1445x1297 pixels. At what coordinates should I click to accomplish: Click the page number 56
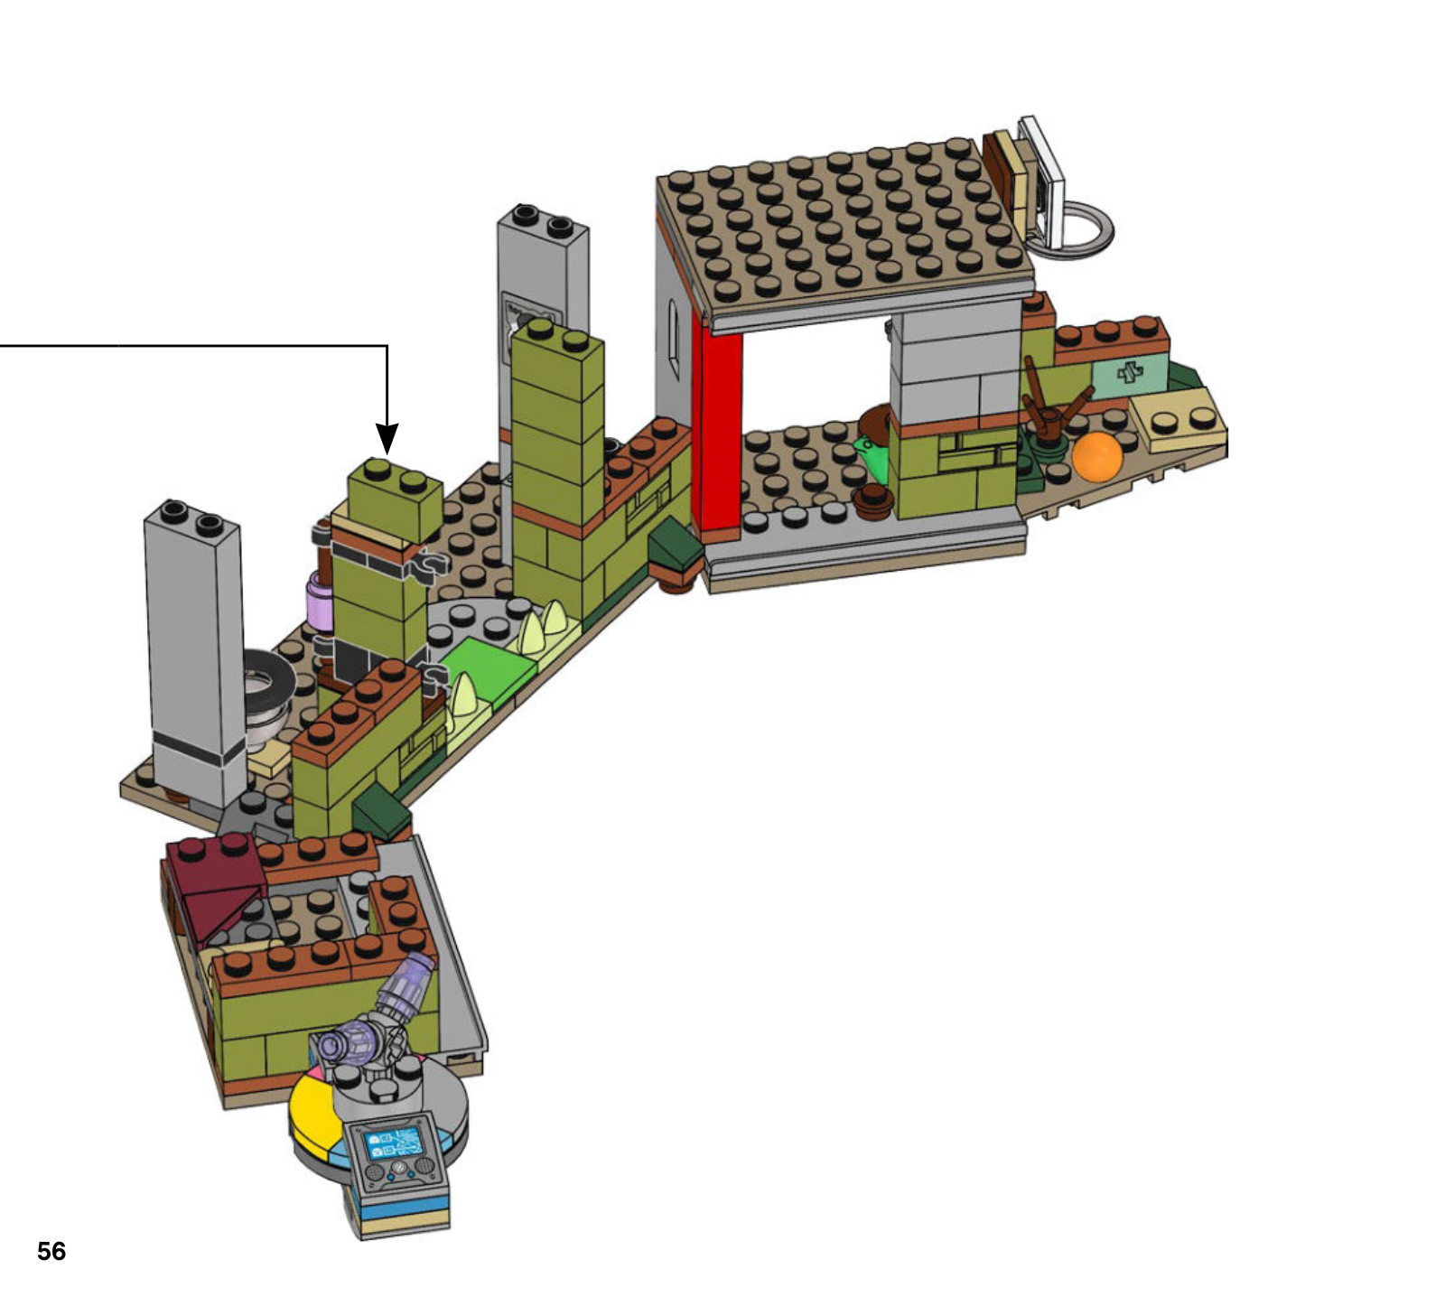click(51, 1251)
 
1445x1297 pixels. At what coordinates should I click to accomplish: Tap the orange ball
click(1096, 456)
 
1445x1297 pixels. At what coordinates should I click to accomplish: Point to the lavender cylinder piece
click(320, 600)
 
